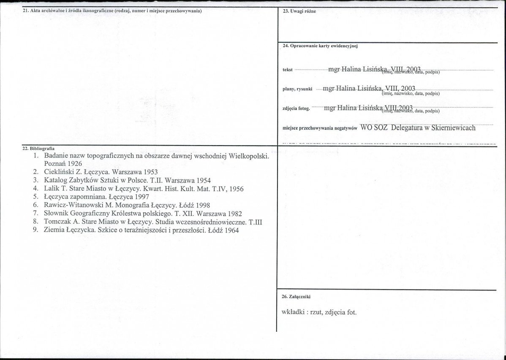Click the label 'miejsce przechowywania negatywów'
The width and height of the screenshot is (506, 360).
(320, 128)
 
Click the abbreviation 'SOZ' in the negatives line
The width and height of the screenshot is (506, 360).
(381, 127)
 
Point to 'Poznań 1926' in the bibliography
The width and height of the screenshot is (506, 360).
(63, 163)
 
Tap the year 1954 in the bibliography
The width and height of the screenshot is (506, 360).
(202, 180)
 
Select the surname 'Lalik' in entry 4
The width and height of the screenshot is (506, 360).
(52, 189)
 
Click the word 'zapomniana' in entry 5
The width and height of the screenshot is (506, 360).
(87, 197)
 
